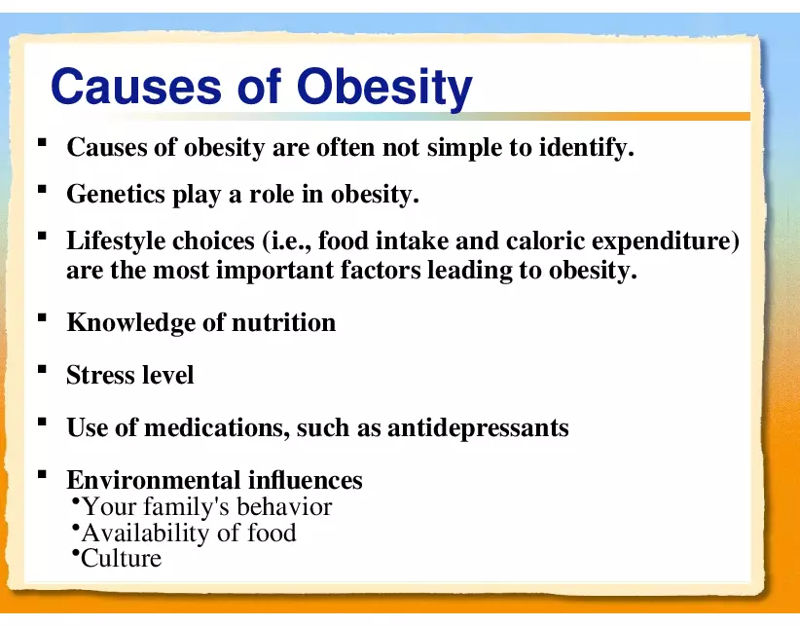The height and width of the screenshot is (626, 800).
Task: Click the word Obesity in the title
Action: click(x=384, y=88)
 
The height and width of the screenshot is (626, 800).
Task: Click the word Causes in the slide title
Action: click(x=134, y=88)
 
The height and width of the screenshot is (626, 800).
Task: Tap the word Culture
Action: click(x=122, y=559)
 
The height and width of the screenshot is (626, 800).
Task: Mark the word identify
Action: click(x=585, y=149)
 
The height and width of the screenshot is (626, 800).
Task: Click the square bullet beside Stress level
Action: click(x=42, y=371)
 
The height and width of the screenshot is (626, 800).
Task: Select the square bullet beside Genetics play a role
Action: click(x=42, y=190)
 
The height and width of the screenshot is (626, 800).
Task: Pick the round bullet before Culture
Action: click(x=76, y=554)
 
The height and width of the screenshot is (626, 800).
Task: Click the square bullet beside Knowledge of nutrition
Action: click(x=42, y=318)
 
